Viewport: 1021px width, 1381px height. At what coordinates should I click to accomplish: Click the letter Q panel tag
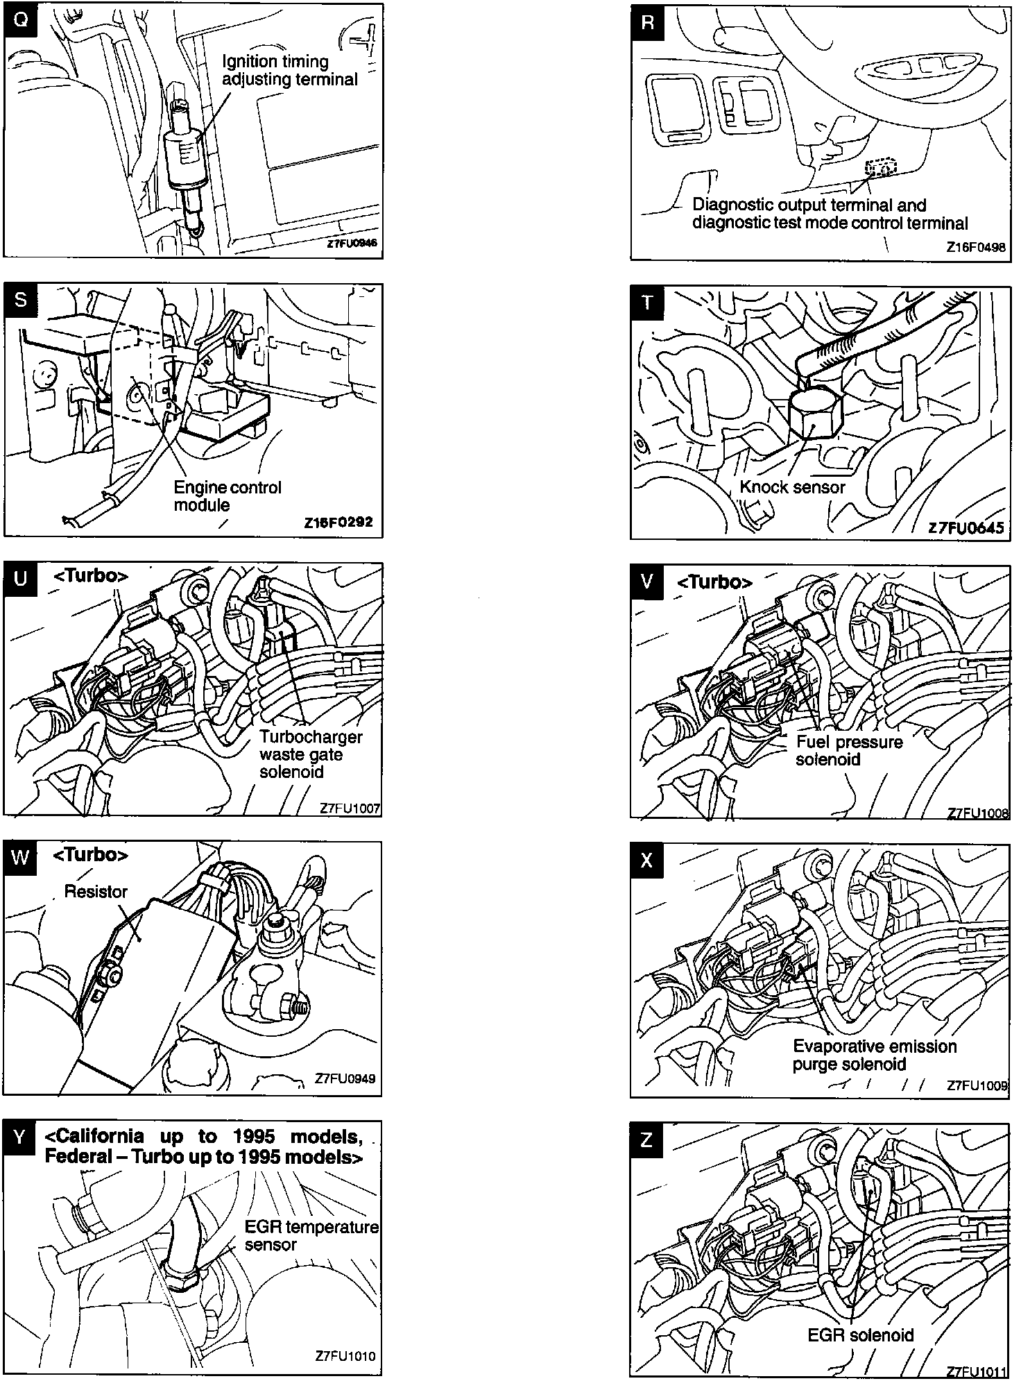pos(21,20)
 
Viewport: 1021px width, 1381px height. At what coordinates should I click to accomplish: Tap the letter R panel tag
pos(647,22)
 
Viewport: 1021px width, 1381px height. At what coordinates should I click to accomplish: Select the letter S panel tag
pos(20,300)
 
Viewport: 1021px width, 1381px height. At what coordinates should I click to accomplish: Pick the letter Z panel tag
pos(646,1140)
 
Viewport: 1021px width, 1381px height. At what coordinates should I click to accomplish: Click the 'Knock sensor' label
pos(792,487)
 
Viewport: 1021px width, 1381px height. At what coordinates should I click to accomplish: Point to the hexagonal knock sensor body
pos(816,414)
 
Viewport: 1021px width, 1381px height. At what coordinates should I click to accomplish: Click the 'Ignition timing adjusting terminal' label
pos(289,70)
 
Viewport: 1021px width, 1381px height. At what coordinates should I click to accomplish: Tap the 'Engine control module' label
pos(227,496)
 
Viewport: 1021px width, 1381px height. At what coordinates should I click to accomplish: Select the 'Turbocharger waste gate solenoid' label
pos(310,754)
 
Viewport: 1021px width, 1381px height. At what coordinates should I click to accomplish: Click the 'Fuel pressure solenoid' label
pos(848,751)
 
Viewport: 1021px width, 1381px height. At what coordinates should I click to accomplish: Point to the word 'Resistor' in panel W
pos(96,892)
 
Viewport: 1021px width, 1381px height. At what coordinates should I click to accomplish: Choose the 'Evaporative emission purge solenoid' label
pos(874,1056)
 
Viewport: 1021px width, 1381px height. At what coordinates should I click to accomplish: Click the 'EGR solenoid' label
pos(860,1335)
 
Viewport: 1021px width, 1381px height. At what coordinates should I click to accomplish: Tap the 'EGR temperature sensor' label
pos(311,1236)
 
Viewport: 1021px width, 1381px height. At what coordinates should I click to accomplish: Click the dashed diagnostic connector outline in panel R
pos(881,167)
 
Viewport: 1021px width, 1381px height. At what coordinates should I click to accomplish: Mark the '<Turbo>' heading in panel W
pos(90,855)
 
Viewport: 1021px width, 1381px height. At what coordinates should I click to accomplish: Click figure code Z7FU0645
pos(966,527)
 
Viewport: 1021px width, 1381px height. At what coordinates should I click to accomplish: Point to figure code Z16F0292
pos(338,522)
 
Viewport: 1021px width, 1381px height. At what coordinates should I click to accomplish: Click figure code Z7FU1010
pos(345,1356)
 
